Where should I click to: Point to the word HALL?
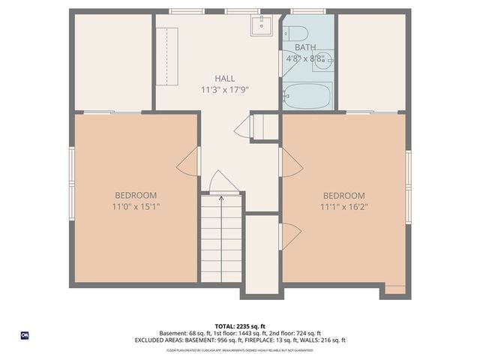click(224, 78)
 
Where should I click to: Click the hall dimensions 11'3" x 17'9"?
click(224, 89)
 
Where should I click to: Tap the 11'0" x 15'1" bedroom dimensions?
click(136, 206)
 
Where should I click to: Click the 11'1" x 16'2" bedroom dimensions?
click(344, 206)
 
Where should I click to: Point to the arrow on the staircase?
click(221, 199)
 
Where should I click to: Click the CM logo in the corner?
click(25, 335)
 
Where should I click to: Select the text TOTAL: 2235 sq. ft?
click(240, 326)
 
